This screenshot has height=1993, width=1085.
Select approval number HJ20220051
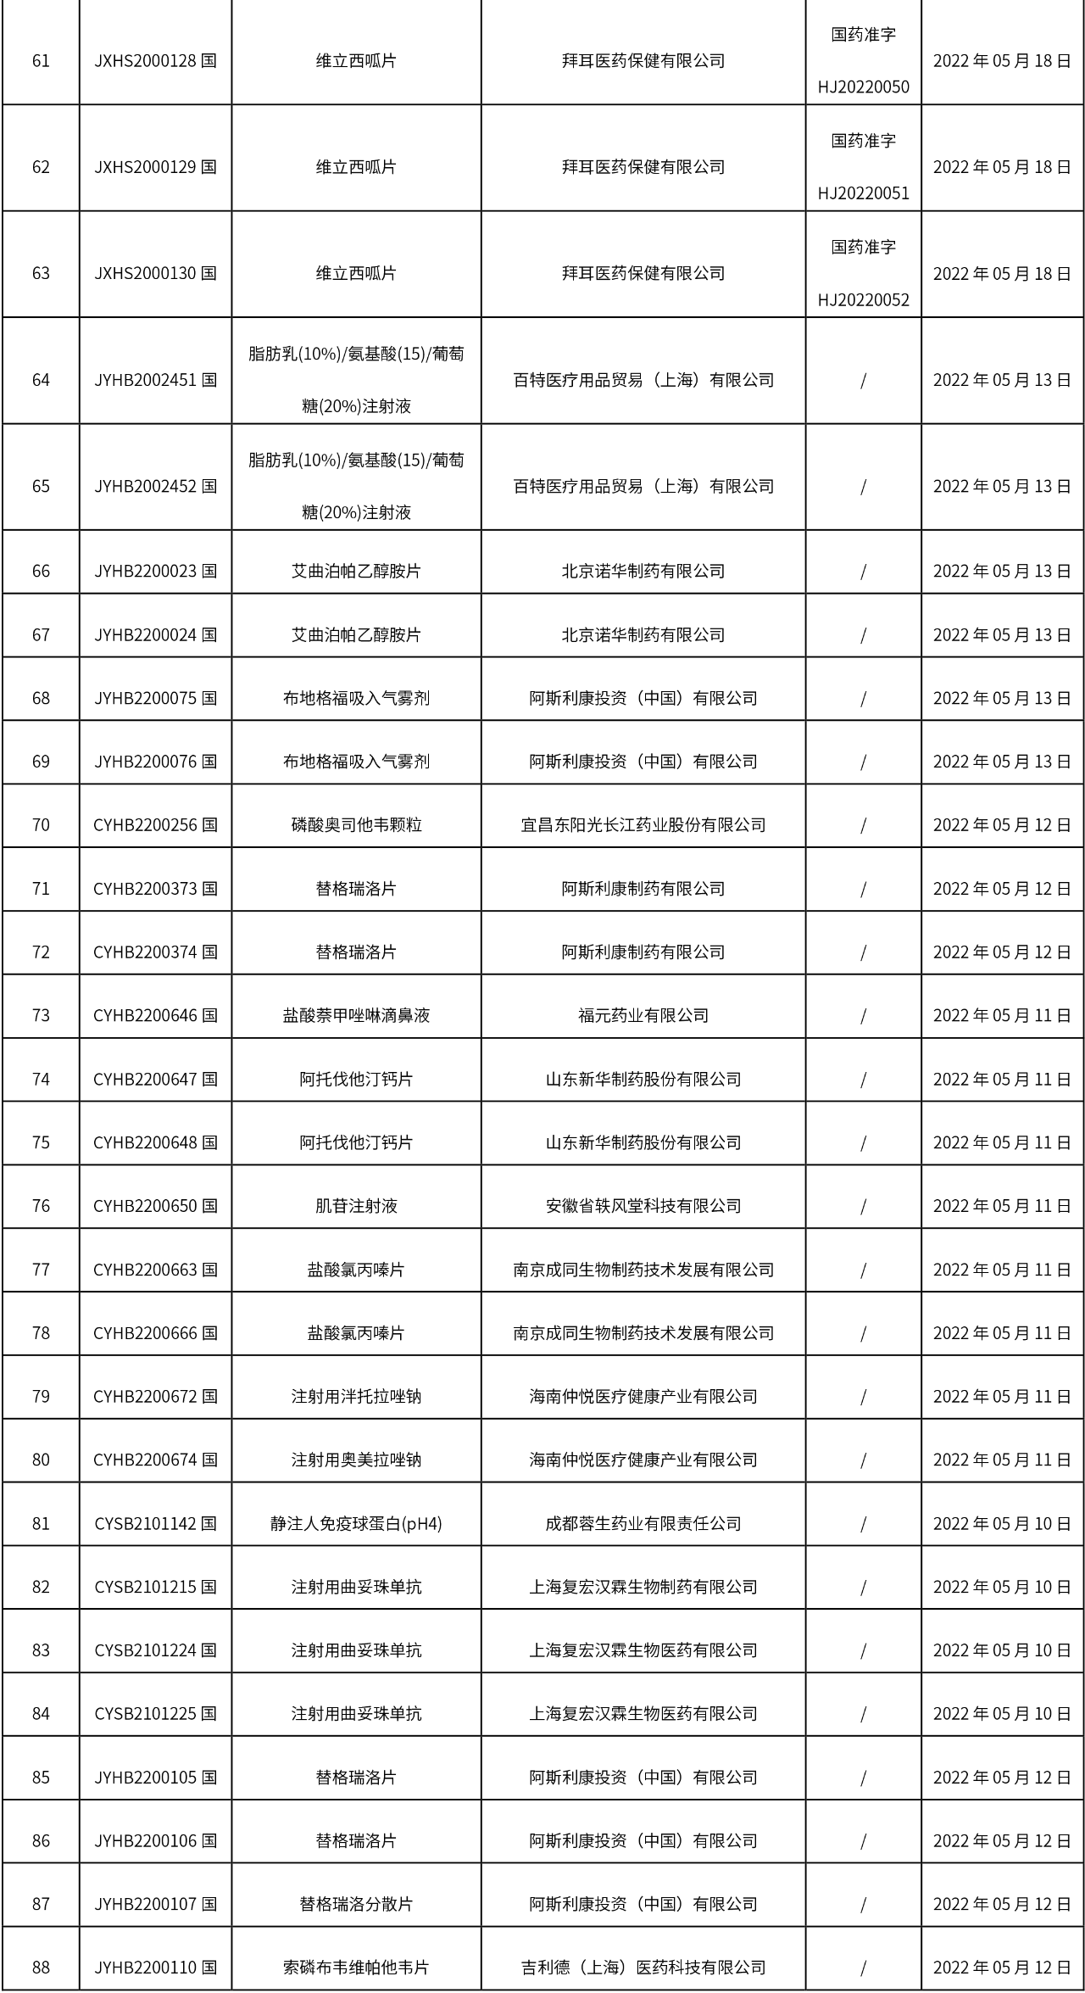[x=863, y=193]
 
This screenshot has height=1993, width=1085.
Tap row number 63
[x=41, y=273]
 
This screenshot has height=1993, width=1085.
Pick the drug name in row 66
[x=356, y=571]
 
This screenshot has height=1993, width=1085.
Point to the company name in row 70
[x=643, y=824]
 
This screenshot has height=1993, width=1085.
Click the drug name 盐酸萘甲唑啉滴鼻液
[x=356, y=1015]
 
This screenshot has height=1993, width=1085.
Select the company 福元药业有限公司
[x=643, y=1015]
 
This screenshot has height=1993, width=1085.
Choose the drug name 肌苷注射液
[x=356, y=1206]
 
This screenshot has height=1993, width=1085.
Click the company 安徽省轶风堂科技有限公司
[x=643, y=1206]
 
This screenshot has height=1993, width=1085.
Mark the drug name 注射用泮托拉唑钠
[x=356, y=1396]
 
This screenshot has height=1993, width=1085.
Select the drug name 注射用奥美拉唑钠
[x=356, y=1460]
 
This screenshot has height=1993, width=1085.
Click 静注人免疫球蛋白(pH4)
[x=356, y=1523]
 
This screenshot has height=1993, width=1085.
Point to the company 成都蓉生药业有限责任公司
[x=643, y=1523]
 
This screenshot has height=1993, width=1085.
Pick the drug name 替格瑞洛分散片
[x=356, y=1904]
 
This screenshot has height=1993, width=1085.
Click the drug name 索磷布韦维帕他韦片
[x=356, y=1968]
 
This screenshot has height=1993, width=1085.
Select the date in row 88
[x=1002, y=1968]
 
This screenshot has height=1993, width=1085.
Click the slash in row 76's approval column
[x=863, y=1206]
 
